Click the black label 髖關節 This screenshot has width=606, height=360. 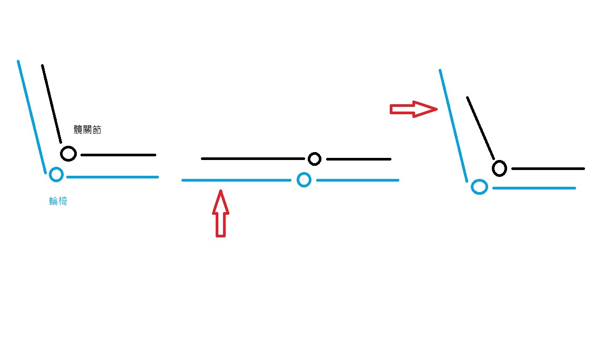[x=88, y=129]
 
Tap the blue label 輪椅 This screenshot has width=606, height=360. [x=58, y=201]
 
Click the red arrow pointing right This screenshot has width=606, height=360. [x=413, y=109]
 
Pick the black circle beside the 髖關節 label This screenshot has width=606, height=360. [x=68, y=154]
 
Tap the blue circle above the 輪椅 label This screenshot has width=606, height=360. [x=56, y=174]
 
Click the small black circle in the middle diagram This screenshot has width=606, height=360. [x=315, y=158]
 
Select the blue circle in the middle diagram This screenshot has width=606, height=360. [x=304, y=180]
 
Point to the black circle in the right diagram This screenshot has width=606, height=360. [x=499, y=168]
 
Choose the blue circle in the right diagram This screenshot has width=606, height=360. [x=479, y=187]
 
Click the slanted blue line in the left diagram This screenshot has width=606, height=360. [x=32, y=116]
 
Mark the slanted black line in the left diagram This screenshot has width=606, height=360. [x=52, y=103]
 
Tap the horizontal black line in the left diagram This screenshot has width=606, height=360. [x=118, y=155]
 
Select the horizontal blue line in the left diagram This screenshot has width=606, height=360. [x=113, y=177]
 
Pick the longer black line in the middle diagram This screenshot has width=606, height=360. [x=252, y=158]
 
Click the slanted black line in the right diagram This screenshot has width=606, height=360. [x=480, y=128]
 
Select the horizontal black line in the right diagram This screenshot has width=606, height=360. [x=548, y=169]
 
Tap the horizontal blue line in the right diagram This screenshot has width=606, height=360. [x=534, y=188]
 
